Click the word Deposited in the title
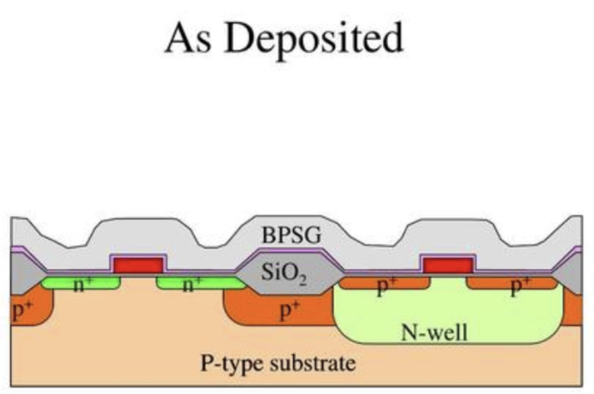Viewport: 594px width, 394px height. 313,41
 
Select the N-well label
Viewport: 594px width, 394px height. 435,332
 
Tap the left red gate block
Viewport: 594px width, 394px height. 138,265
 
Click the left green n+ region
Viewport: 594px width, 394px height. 81,283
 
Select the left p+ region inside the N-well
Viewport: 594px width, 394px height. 384,283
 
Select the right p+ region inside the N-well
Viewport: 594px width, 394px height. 512,283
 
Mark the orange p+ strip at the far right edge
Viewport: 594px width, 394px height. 573,308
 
